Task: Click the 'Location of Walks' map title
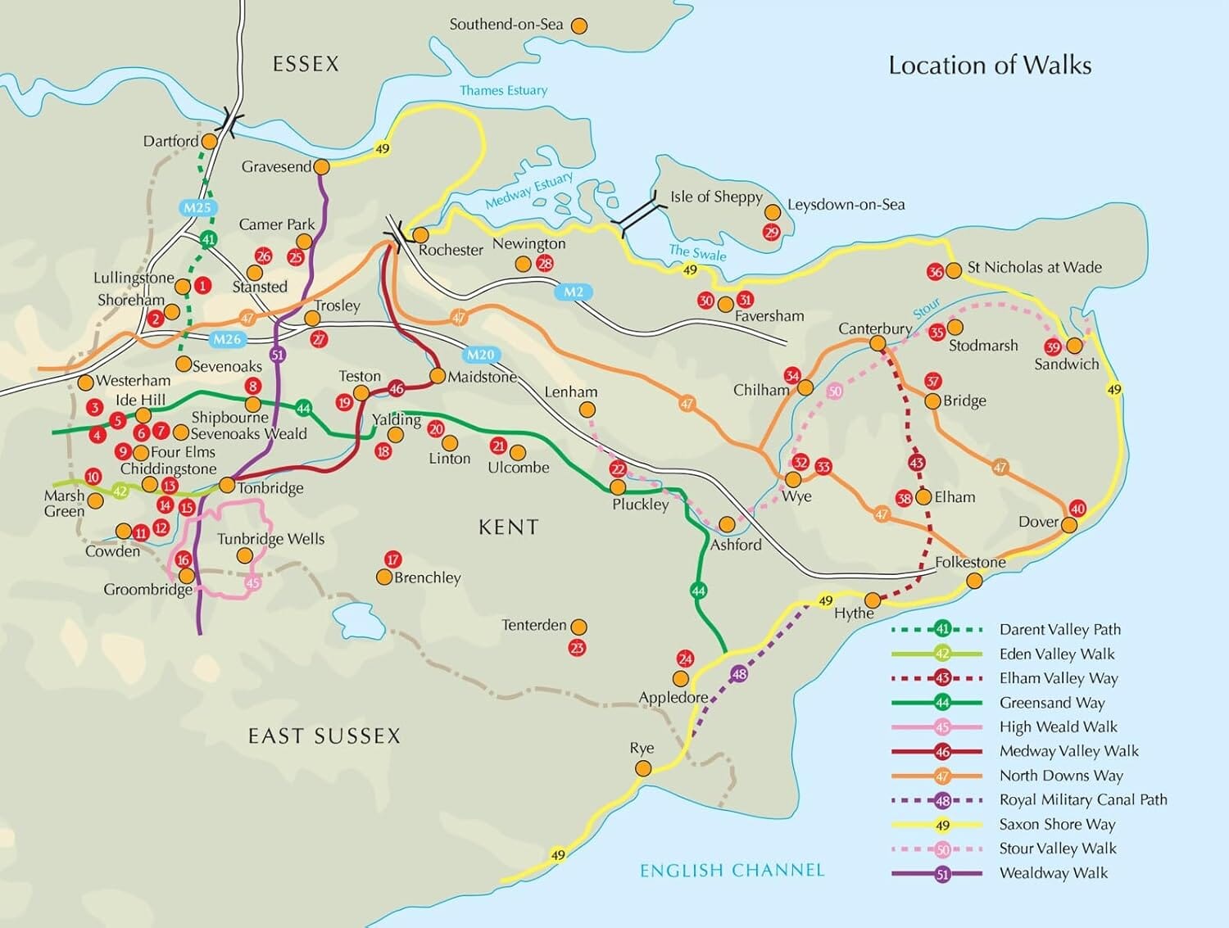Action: [x=990, y=66]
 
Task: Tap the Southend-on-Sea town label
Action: [x=506, y=25]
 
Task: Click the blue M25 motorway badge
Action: [x=197, y=207]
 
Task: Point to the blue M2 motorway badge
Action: [x=574, y=292]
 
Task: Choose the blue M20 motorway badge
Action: [x=480, y=355]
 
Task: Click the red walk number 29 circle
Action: [x=771, y=232]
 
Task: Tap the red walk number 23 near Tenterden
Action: [x=577, y=648]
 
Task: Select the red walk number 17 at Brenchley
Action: [x=393, y=559]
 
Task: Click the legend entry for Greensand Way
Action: [x=1051, y=703]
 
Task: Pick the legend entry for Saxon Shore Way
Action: [x=1056, y=824]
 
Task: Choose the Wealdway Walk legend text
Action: [x=1053, y=873]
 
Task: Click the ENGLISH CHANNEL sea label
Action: [x=732, y=870]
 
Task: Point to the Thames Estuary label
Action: [x=503, y=90]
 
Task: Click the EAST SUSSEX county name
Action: [x=324, y=736]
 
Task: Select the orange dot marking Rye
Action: [x=643, y=768]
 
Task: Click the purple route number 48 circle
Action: [x=739, y=674]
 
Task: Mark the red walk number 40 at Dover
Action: [x=1077, y=509]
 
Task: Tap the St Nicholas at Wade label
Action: [x=1034, y=267]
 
